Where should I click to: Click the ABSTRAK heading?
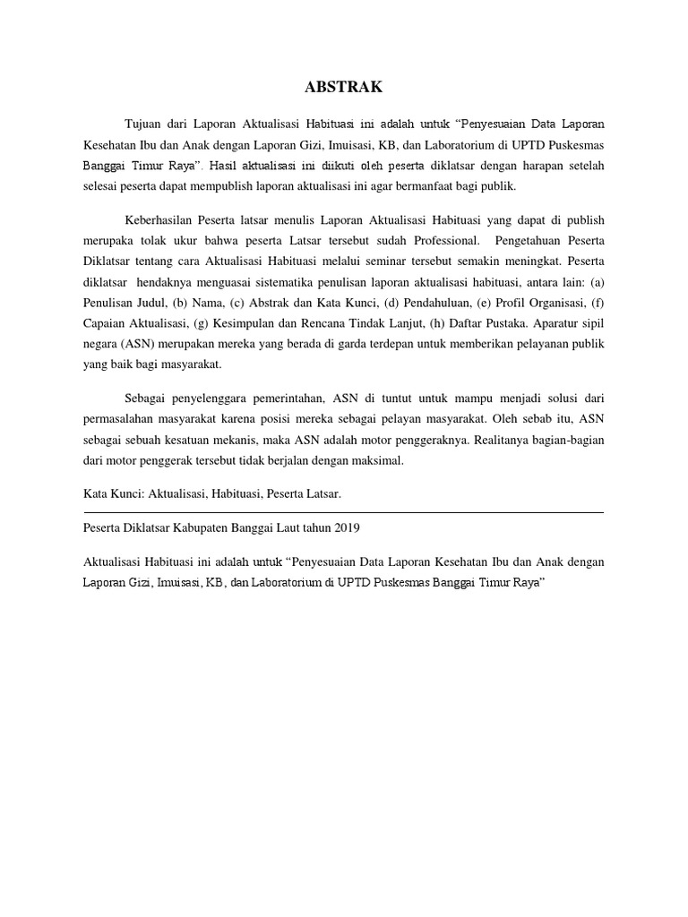(344, 87)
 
